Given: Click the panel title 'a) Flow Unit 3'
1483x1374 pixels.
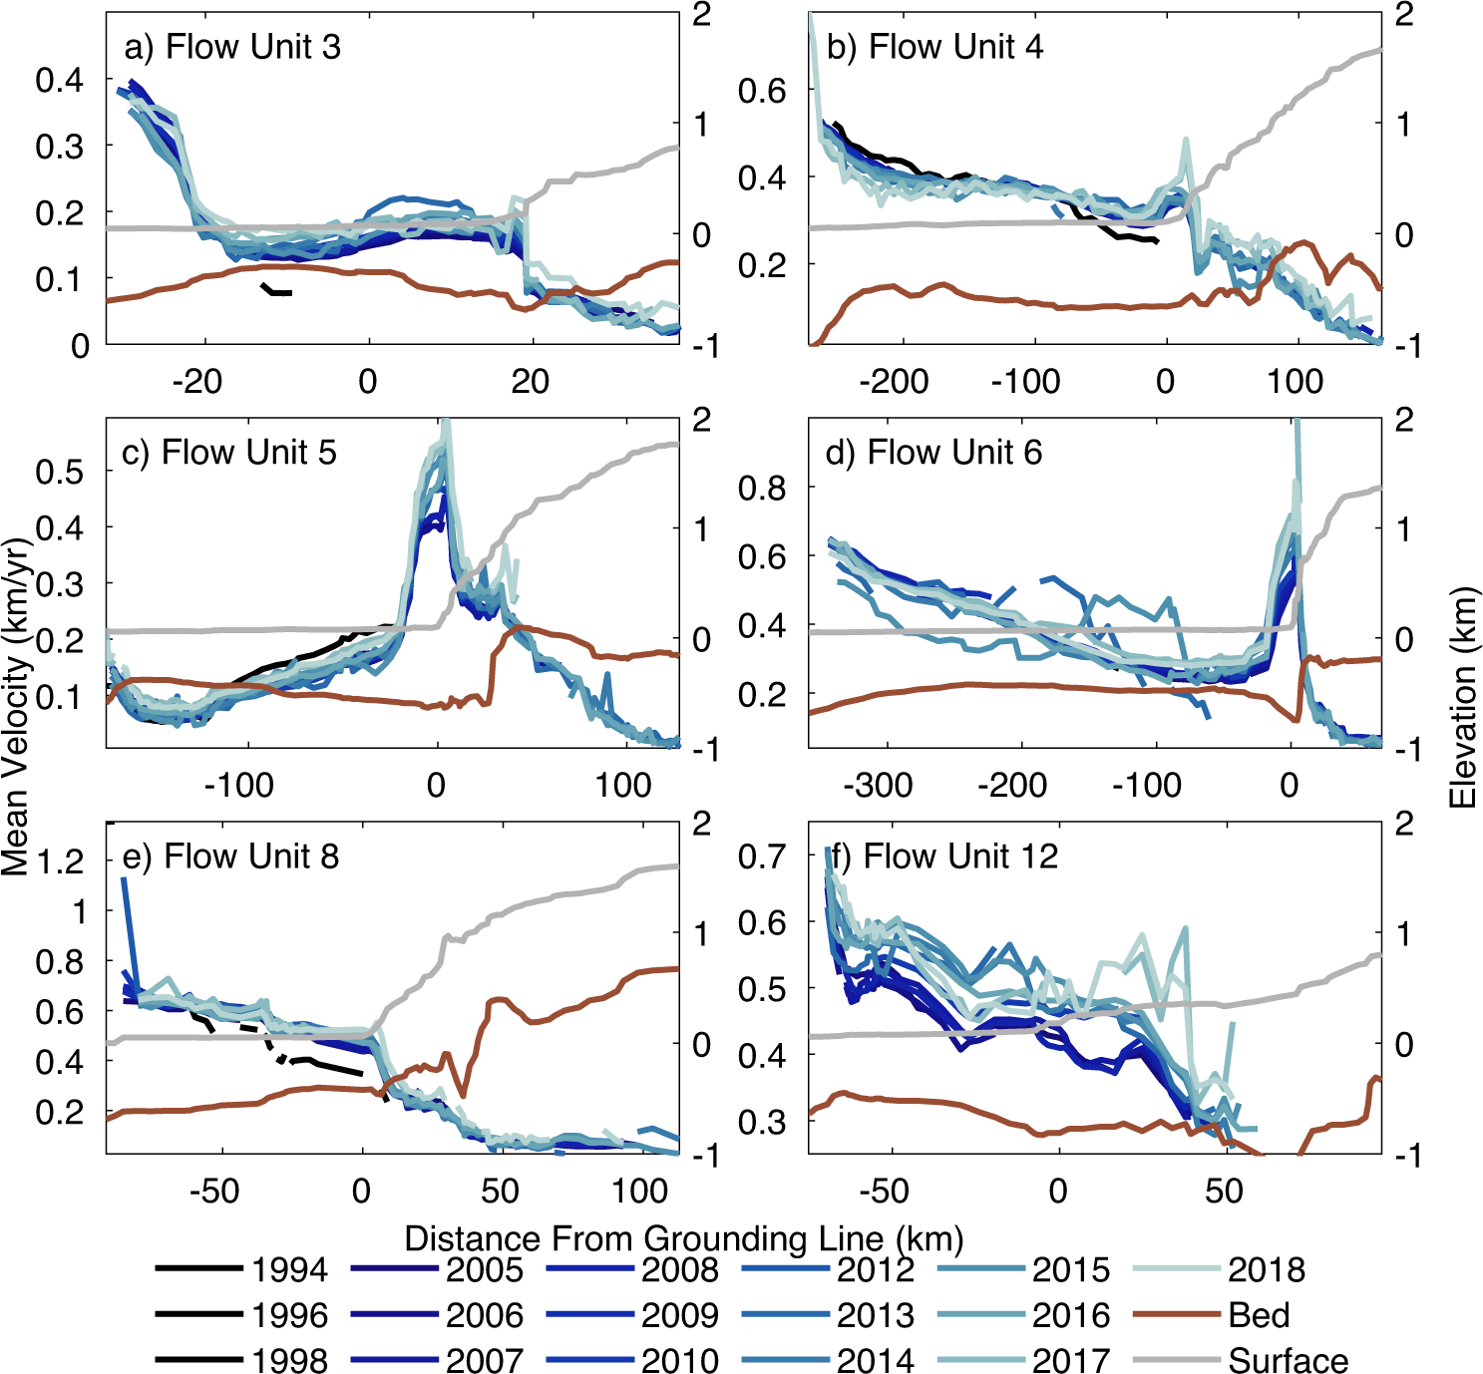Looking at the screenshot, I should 231,47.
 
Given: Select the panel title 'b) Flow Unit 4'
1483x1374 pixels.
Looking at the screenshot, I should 933,47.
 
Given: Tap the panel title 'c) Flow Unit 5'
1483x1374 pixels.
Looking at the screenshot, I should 228,452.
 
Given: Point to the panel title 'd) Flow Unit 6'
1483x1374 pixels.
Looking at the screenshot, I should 933,452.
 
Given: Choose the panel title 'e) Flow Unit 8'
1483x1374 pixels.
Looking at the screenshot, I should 230,857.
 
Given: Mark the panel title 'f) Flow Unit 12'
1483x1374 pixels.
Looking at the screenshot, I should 943,857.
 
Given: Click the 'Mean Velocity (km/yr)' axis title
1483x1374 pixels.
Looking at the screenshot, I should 16,708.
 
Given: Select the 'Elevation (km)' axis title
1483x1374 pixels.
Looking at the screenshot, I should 1462,698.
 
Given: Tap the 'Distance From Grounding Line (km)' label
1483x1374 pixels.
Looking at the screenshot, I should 684,1238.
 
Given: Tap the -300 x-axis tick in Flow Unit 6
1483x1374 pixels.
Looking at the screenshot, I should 878,786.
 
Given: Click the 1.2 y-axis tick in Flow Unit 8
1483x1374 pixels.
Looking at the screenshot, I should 60,861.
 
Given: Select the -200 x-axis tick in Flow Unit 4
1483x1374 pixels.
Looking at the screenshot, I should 894,381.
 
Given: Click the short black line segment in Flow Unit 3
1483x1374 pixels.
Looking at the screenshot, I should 276,290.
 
